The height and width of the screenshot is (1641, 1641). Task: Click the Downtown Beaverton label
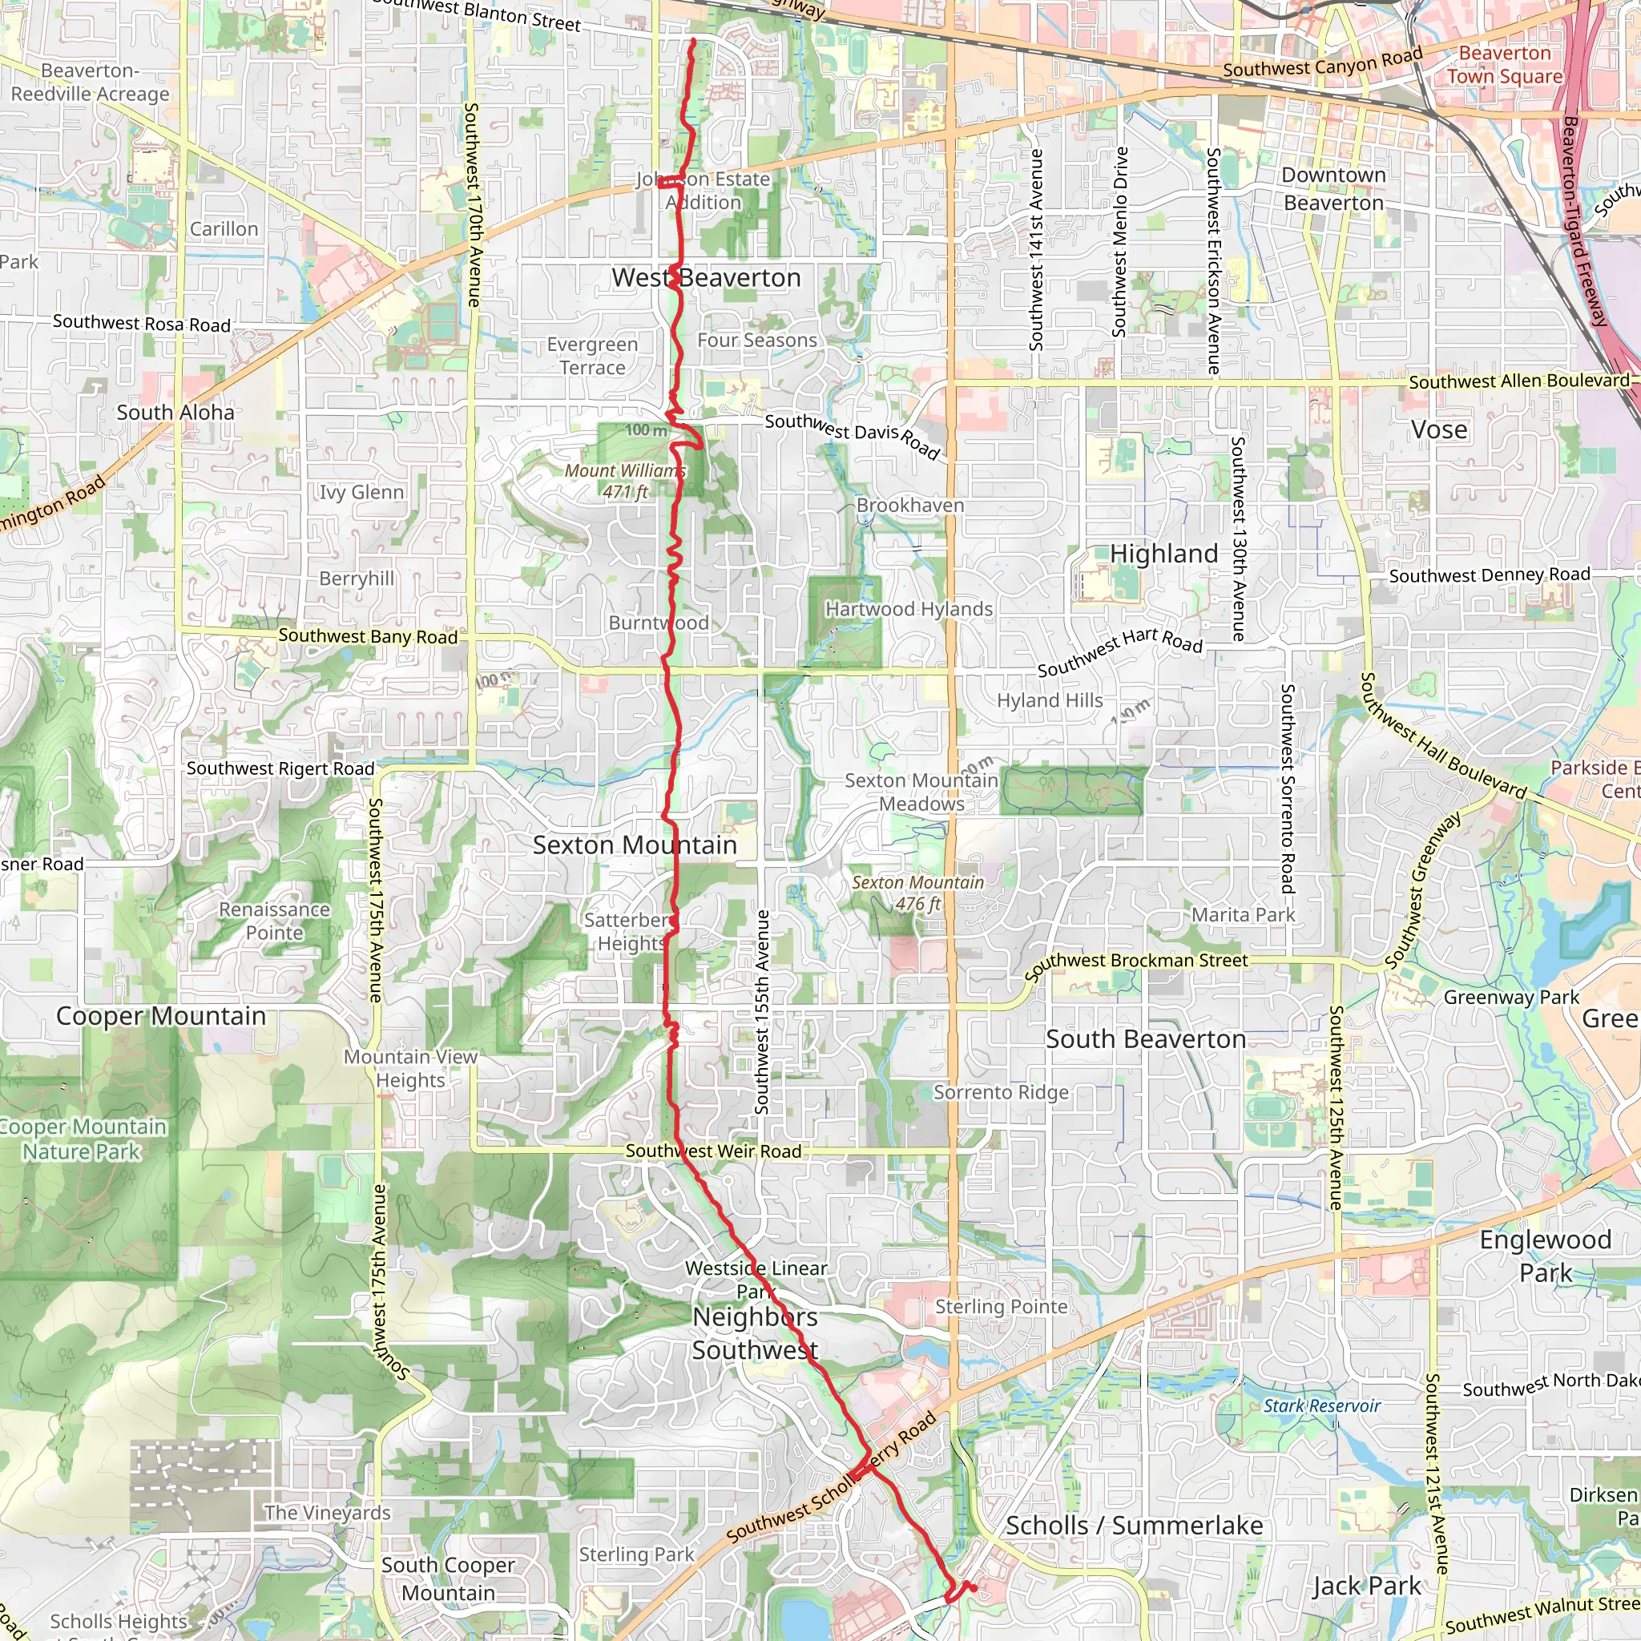tap(1333, 188)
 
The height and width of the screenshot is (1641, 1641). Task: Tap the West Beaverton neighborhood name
tap(706, 278)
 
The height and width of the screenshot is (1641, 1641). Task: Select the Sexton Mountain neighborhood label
tap(635, 845)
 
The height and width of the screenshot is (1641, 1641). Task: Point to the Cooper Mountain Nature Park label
tap(82, 1139)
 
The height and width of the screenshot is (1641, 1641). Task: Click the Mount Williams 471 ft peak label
tap(625, 481)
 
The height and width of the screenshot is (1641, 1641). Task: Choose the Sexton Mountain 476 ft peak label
tap(917, 893)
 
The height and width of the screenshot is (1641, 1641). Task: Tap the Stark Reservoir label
tap(1321, 1405)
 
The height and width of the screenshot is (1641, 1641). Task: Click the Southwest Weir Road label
tap(713, 1151)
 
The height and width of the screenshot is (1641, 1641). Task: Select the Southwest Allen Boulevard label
tap(1518, 381)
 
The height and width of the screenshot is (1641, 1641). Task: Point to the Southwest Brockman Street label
tap(1135, 965)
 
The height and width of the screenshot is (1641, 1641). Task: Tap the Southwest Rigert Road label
tap(280, 768)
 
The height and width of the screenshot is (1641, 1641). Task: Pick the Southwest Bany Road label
tap(368, 636)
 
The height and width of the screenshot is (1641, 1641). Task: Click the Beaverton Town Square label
tap(1504, 65)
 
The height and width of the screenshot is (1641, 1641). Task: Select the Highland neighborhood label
tap(1163, 554)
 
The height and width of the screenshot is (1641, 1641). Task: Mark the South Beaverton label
tap(1146, 1039)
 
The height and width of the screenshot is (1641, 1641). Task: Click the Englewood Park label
tap(1545, 1256)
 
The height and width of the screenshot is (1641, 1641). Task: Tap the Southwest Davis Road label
tap(852, 436)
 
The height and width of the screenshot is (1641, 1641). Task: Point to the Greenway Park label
tap(1511, 997)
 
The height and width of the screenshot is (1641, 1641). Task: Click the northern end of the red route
tap(693, 40)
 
